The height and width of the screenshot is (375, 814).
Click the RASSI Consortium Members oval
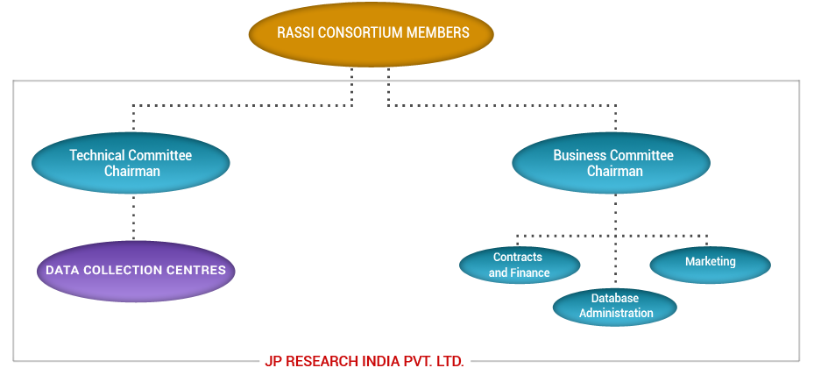pos(372,33)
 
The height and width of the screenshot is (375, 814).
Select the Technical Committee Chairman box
pos(131,163)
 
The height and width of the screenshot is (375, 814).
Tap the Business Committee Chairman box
pos(612,163)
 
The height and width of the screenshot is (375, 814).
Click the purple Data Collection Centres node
pos(135,271)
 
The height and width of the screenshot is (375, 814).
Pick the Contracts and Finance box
pos(519,265)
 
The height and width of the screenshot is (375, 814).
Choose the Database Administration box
pos(616,306)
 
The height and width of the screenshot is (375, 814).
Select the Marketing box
pos(711,262)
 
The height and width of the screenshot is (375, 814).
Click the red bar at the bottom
pos(364,361)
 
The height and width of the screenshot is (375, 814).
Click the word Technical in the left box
pos(97,155)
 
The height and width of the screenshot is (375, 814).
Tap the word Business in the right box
pos(580,155)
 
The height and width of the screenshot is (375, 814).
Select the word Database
pos(615,299)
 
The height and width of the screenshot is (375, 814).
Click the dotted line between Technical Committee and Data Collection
pos(133,216)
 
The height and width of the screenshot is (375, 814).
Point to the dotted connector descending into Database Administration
pos(615,263)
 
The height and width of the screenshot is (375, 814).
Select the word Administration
pos(616,313)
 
